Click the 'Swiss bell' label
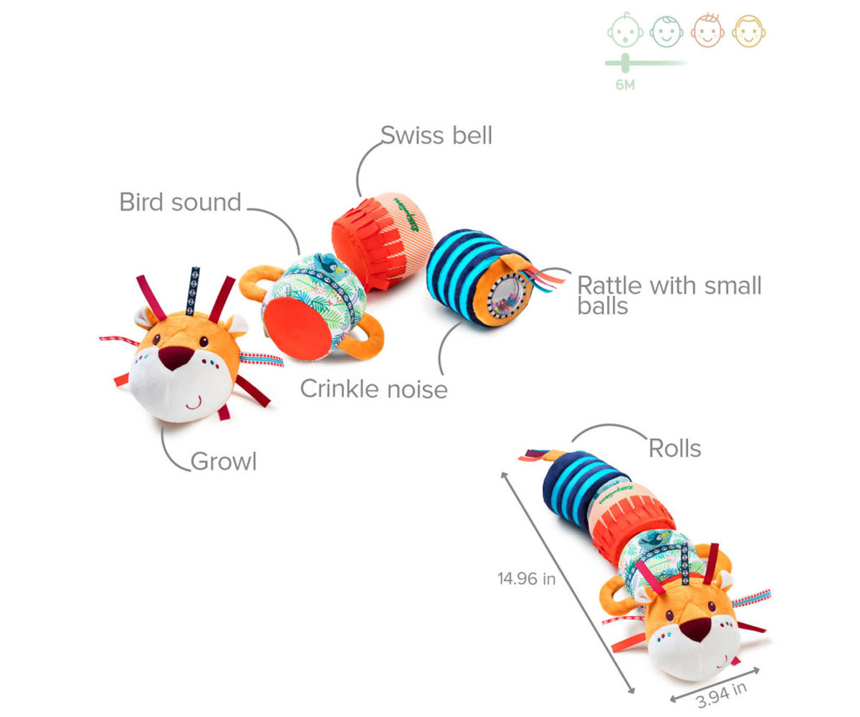436,135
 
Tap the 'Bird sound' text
180,202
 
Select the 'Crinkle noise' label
373,389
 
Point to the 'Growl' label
224,462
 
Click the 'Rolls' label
674,448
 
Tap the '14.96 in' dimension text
526,579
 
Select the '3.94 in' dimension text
721,693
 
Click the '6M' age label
625,85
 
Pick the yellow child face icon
750,32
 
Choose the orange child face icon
708,32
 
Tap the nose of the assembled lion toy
694,629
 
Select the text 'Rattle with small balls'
669,295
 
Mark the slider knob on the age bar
625,63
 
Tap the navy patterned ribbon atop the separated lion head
193,290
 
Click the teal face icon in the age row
666,32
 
